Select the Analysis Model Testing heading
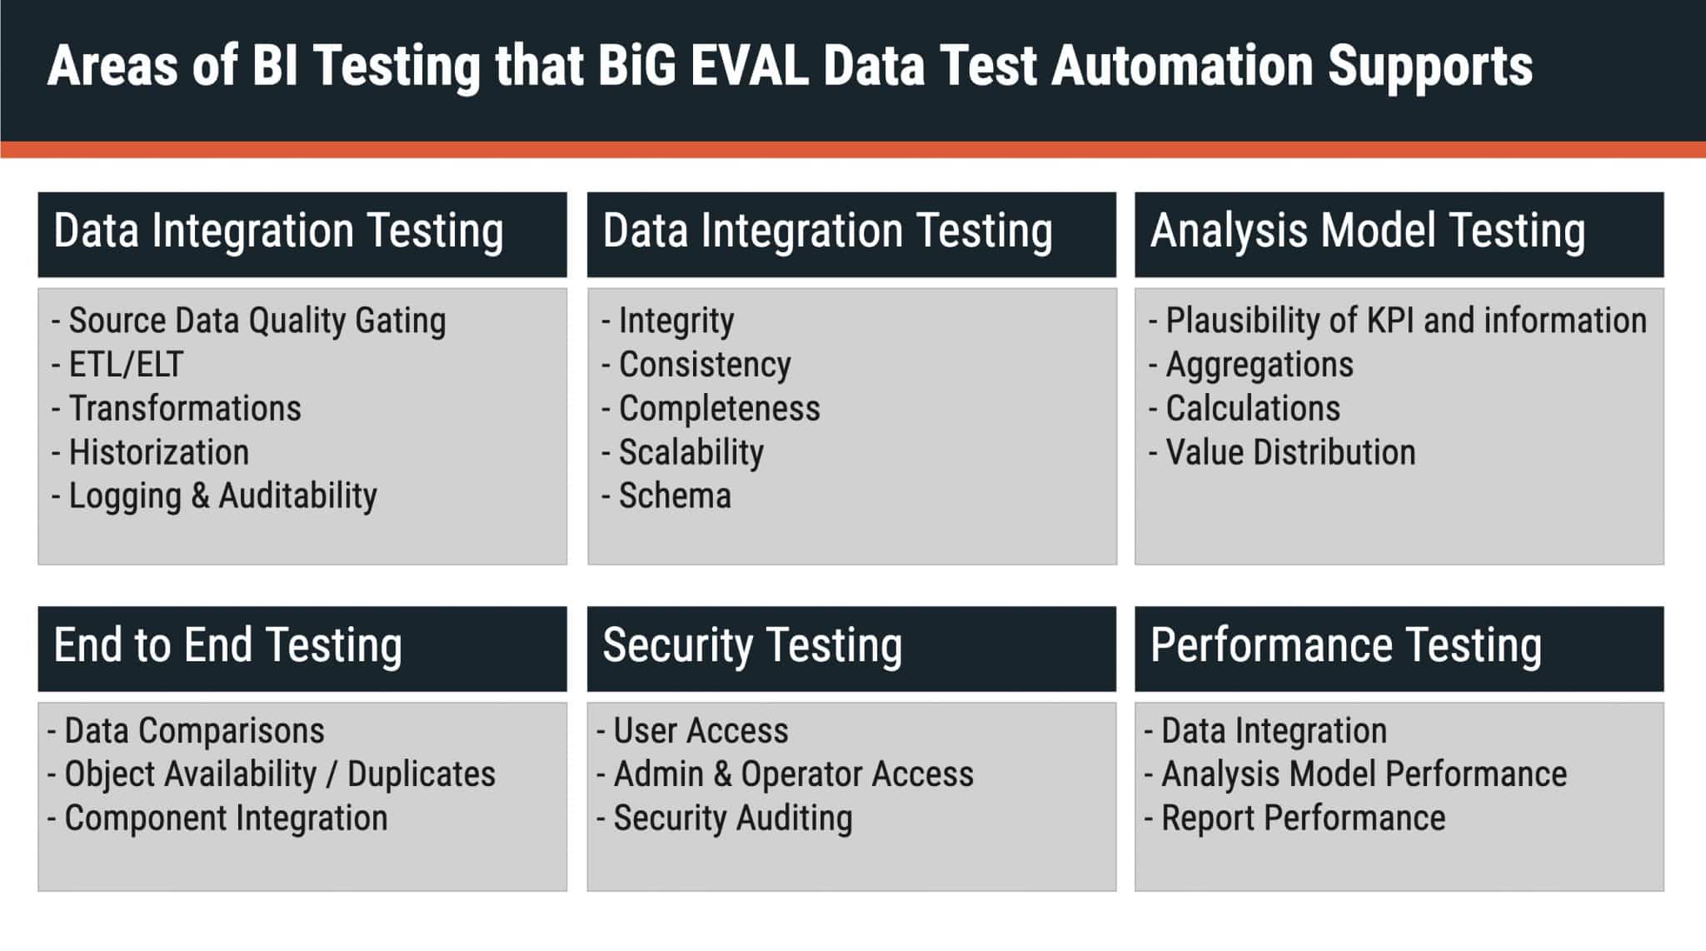point(1367,231)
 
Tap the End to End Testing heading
point(227,645)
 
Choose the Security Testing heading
point(752,645)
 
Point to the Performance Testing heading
point(1345,645)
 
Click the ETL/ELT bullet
point(125,365)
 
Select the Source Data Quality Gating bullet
point(257,321)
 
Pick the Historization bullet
point(158,453)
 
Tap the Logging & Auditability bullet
point(222,496)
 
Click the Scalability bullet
point(691,453)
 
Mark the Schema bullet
point(675,496)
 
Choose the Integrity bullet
point(676,321)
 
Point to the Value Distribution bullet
point(1289,453)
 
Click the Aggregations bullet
point(1259,365)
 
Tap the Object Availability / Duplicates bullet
point(279,774)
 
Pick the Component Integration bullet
point(226,819)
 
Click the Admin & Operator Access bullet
point(793,774)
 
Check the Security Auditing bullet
point(732,819)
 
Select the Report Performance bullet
point(1303,819)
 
